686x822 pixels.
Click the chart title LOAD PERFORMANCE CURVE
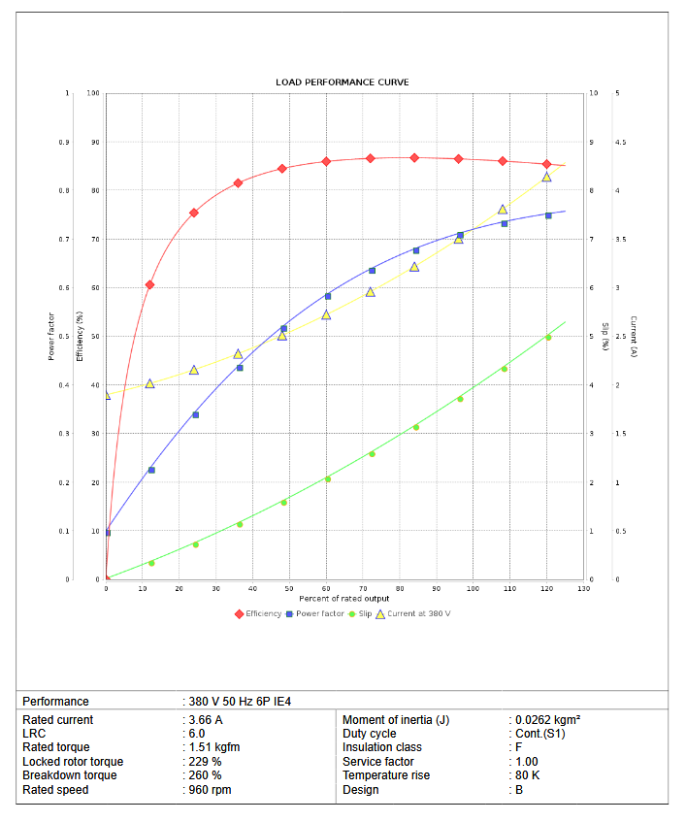pyautogui.click(x=342, y=82)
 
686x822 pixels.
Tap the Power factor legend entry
pyautogui.click(x=319, y=613)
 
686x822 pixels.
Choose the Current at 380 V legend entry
pyautogui.click(x=418, y=613)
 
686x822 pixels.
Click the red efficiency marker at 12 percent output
pyautogui.click(x=149, y=284)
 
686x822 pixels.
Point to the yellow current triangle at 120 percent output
pyautogui.click(x=546, y=177)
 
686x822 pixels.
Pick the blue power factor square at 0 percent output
pyautogui.click(x=107, y=532)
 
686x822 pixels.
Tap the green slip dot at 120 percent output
pyautogui.click(x=548, y=338)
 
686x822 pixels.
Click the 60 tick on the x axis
pyautogui.click(x=326, y=589)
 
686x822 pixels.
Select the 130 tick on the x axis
pyautogui.click(x=583, y=589)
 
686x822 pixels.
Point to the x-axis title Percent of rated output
pyautogui.click(x=344, y=599)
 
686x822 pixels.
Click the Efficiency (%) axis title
pyautogui.click(x=80, y=336)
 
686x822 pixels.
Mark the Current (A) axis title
pyautogui.click(x=633, y=336)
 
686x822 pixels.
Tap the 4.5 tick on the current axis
pyautogui.click(x=620, y=142)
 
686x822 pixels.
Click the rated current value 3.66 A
pyautogui.click(x=207, y=720)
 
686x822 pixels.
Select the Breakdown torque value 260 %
pyautogui.click(x=206, y=775)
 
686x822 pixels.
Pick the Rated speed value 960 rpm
pyautogui.click(x=211, y=790)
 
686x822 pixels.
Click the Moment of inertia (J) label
pyautogui.click(x=396, y=720)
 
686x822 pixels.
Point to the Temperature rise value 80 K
pyautogui.click(x=529, y=775)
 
